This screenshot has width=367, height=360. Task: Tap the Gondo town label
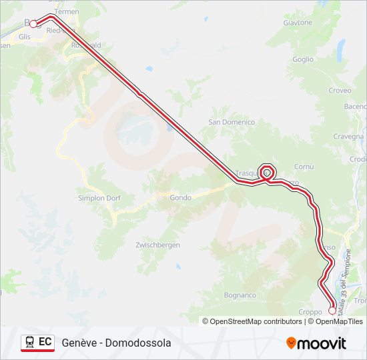pyautogui.click(x=180, y=197)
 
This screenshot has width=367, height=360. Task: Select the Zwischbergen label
pyautogui.click(x=157, y=245)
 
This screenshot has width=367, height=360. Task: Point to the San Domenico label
pyautogui.click(x=232, y=122)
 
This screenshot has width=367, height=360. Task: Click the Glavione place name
pyautogui.click(x=298, y=23)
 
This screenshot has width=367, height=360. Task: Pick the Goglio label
pyautogui.click(x=302, y=59)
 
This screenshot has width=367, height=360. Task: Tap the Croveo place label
pyautogui.click(x=340, y=91)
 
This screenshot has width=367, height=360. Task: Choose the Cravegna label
pyautogui.click(x=349, y=136)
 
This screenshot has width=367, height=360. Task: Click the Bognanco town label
pyautogui.click(x=240, y=295)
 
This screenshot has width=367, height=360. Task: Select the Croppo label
pyautogui.click(x=310, y=311)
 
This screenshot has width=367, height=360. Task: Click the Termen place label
pyautogui.click(x=67, y=12)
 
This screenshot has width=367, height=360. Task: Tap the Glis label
pyautogui.click(x=25, y=37)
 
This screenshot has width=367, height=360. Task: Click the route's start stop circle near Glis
pyautogui.click(x=33, y=23)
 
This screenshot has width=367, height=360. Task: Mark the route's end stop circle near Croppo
pyautogui.click(x=332, y=310)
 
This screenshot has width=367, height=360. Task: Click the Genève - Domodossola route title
pyautogui.click(x=116, y=343)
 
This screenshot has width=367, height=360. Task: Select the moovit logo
pyautogui.click(x=316, y=343)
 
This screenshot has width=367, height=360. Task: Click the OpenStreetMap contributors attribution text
pyautogui.click(x=252, y=321)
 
